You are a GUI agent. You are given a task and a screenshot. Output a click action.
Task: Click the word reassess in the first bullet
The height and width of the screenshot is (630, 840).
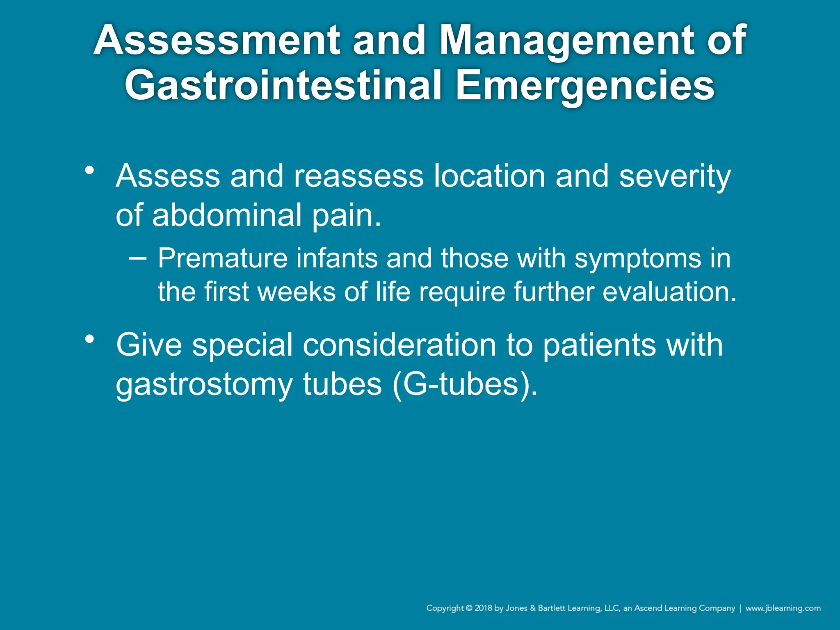[x=358, y=176]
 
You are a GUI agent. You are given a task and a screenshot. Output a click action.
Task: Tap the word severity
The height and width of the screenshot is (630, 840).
[x=675, y=176]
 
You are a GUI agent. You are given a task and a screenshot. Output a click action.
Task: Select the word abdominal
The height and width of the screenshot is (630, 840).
[x=227, y=215]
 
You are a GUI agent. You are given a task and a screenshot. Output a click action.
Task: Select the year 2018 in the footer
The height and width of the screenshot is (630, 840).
[x=483, y=608]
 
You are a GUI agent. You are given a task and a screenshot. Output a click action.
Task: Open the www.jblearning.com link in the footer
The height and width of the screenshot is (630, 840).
[x=783, y=608]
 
